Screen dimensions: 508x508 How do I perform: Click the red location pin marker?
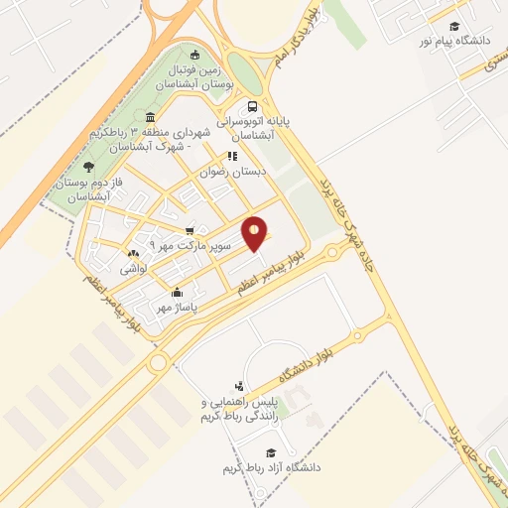(x=255, y=233)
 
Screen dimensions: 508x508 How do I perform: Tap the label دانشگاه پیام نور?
(x=454, y=43)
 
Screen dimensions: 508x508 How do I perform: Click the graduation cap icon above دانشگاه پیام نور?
(x=454, y=27)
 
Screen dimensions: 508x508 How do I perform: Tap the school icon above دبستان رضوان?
(x=233, y=156)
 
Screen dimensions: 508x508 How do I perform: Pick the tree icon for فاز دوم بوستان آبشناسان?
(x=89, y=167)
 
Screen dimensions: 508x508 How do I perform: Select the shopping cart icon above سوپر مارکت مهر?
(x=190, y=229)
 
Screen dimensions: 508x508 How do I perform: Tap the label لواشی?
(x=134, y=269)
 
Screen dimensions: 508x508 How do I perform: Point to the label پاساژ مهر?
(x=178, y=308)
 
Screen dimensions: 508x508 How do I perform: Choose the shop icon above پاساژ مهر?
(x=178, y=293)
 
